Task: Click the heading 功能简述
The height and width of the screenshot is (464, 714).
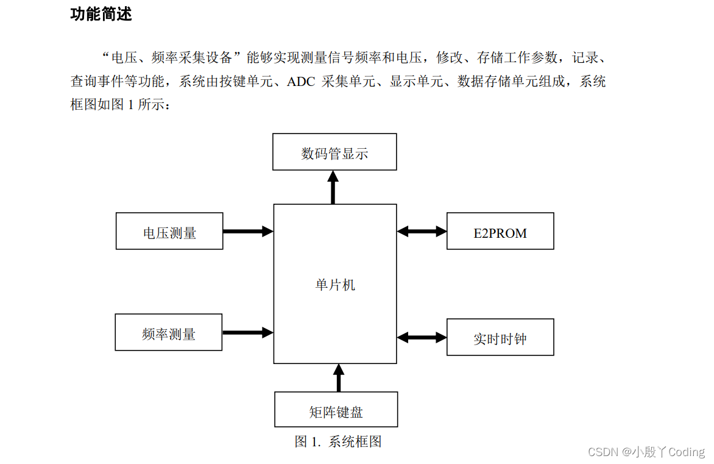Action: (101, 14)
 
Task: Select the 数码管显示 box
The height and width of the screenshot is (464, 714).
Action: (334, 152)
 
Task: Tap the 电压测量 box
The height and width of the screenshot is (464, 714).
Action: (169, 232)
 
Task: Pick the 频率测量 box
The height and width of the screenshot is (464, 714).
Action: (169, 333)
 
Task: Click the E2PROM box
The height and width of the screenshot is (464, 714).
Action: (500, 232)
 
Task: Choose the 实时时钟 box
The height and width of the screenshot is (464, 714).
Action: (500, 338)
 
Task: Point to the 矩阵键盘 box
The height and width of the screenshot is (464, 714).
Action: (336, 410)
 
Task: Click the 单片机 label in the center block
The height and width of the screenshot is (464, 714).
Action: (335, 284)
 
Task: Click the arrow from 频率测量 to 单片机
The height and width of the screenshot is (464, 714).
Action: (247, 332)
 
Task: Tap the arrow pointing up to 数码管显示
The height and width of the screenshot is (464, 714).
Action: (333, 187)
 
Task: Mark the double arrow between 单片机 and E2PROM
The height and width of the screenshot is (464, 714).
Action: (422, 231)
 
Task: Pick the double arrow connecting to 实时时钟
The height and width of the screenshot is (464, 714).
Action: (422, 337)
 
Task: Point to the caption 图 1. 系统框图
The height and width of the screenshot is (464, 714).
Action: (338, 441)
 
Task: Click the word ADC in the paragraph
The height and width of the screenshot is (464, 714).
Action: (300, 82)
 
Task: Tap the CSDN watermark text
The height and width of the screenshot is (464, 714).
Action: (603, 452)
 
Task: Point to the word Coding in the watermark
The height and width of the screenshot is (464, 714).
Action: (687, 452)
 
